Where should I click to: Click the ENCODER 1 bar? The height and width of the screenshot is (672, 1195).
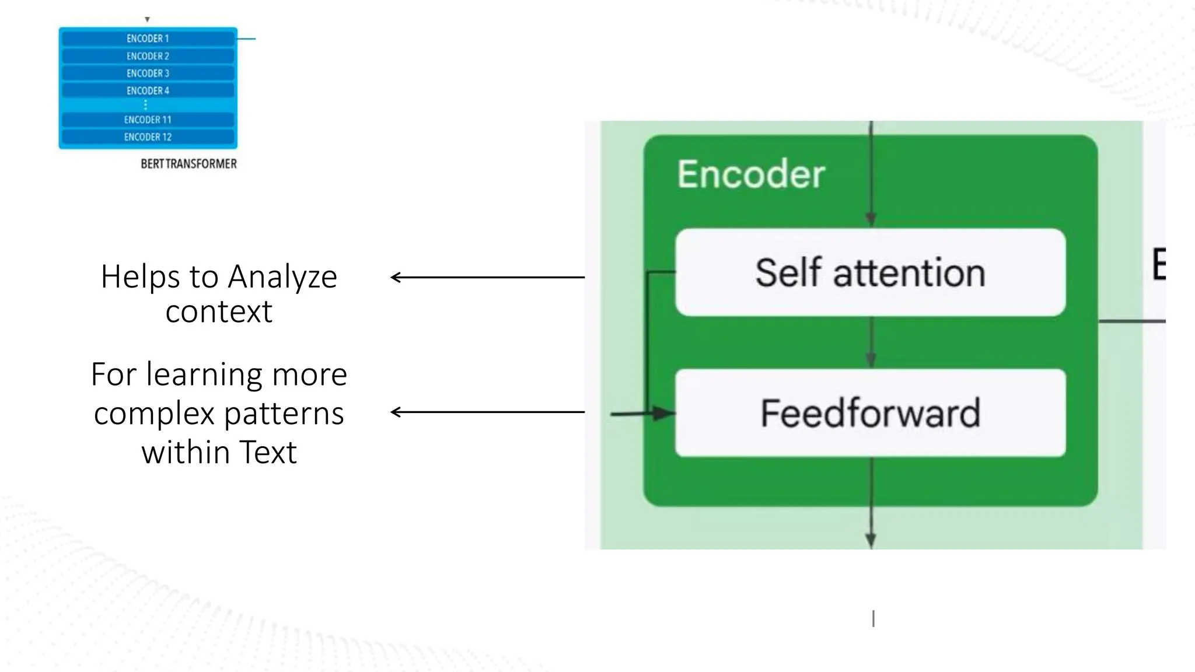[148, 38]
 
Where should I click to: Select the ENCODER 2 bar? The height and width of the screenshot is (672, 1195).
[148, 56]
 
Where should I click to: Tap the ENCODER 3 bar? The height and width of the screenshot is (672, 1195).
[148, 73]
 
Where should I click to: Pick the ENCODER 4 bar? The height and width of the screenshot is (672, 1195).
[148, 91]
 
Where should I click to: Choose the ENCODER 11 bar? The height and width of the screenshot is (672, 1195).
[148, 120]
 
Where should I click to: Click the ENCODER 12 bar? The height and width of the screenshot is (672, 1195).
[148, 137]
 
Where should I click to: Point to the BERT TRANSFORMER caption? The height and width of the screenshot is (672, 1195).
[188, 164]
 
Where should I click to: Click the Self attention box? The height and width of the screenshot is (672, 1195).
[870, 272]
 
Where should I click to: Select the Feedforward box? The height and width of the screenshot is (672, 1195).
[870, 413]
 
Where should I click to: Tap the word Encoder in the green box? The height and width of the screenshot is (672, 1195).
[751, 174]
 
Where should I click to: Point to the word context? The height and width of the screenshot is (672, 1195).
[219, 311]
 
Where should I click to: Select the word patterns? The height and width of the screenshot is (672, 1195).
[284, 414]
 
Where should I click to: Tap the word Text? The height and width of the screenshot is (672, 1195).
[268, 452]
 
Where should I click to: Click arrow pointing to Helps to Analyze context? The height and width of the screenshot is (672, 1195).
[487, 277]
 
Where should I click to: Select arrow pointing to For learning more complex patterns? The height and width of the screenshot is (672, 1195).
[487, 412]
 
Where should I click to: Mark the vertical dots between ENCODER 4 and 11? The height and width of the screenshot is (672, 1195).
[145, 105]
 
